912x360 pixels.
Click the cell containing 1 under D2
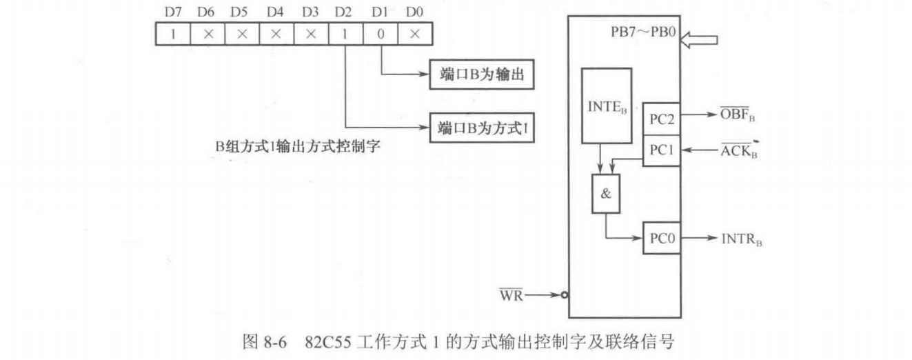tap(343, 33)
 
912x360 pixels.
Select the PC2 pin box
tap(661, 119)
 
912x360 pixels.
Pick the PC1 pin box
tap(661, 151)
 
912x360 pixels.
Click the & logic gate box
tap(606, 194)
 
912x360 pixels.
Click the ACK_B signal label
tap(737, 152)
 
